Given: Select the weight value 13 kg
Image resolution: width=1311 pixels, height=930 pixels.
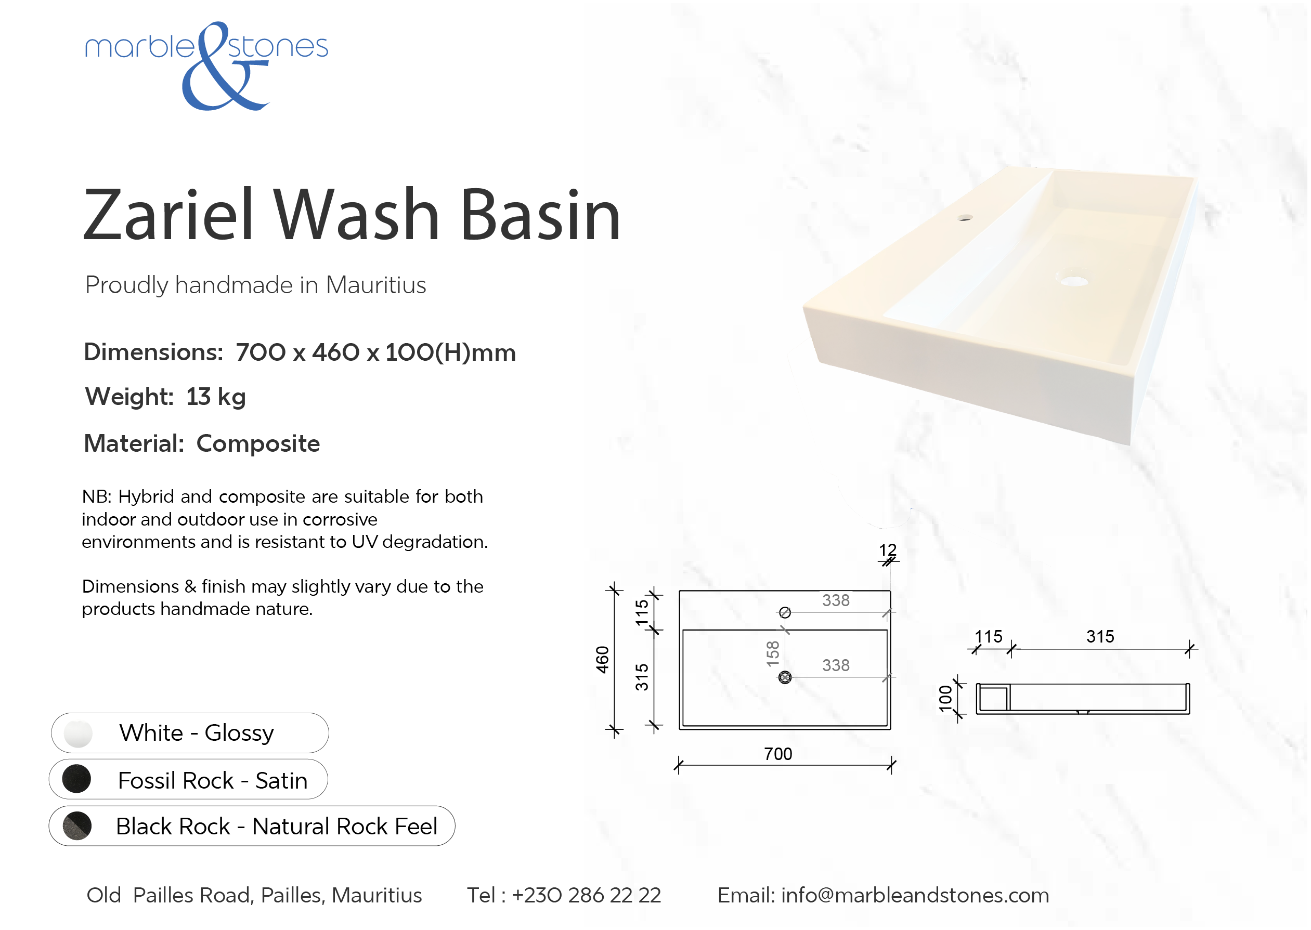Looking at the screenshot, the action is pos(216,396).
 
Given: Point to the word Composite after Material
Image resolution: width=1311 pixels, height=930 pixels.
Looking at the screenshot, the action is pos(258,444).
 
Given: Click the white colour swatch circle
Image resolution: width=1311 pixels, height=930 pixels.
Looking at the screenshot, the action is pos(78,733).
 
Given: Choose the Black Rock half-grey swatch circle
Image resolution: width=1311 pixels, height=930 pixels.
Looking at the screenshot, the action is pos(77,826).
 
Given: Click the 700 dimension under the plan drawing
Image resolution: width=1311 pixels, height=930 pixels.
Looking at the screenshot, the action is pos(778,754).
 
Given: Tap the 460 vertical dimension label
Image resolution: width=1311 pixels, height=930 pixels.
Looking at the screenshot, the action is pos(603,660).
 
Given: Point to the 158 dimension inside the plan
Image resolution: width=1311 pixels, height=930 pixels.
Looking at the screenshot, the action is pos(773,654).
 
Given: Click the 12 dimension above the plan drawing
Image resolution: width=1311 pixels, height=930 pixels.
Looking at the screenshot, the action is pos(888,550).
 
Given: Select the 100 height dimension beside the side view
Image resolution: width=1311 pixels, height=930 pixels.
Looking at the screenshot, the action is pos(945,699).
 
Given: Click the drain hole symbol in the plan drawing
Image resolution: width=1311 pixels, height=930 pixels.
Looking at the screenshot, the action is pos(785,677).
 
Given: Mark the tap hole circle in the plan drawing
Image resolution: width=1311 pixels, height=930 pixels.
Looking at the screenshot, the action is pos(785,613).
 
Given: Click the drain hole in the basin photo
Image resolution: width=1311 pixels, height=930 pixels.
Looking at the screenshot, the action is pos(1074,281).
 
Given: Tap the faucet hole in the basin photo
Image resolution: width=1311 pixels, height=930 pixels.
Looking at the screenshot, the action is pos(965,218).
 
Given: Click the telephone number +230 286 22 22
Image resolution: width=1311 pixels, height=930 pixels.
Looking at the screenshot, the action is pos(587,895).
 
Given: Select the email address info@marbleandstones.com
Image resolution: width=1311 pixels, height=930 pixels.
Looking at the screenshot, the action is pos(915,895).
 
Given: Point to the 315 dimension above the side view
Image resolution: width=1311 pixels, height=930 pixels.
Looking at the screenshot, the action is pos(1100,636).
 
